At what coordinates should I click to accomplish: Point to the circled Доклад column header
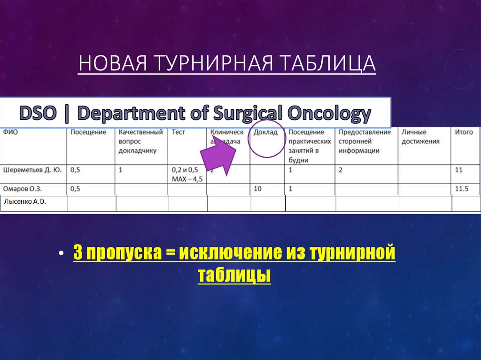click(x=265, y=132)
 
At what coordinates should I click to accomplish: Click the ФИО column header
click(x=10, y=132)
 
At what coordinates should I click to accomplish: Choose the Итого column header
click(x=464, y=132)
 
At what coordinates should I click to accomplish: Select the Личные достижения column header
click(x=420, y=137)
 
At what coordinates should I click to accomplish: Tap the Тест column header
click(x=178, y=132)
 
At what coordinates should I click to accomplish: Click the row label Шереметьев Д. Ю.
click(x=32, y=170)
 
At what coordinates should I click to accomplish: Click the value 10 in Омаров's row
click(x=257, y=189)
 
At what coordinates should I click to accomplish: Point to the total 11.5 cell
click(x=462, y=189)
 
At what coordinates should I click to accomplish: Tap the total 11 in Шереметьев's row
click(x=459, y=170)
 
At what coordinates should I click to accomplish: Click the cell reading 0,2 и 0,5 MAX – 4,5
click(x=185, y=174)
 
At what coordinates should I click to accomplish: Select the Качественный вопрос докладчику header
click(x=140, y=141)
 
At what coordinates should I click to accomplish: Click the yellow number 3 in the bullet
click(x=77, y=253)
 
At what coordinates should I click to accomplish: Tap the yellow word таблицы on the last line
click(x=234, y=275)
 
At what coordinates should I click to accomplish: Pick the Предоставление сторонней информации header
click(x=365, y=141)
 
